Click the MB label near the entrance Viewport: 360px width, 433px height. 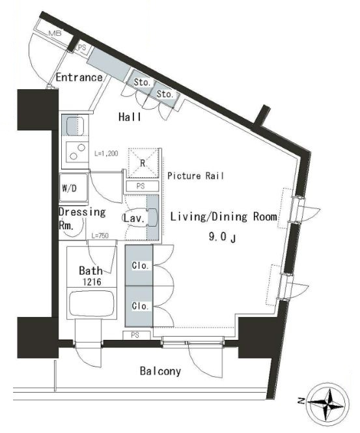(x=55, y=34)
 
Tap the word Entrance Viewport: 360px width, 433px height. (x=79, y=77)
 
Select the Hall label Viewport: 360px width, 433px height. (x=130, y=117)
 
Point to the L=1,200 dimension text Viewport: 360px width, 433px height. (x=106, y=154)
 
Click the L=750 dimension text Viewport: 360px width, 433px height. (x=100, y=236)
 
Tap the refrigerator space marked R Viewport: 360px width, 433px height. (x=143, y=163)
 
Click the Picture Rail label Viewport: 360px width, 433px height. (x=195, y=176)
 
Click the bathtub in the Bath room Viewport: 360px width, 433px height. (x=92, y=303)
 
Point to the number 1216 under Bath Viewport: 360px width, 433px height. (x=92, y=282)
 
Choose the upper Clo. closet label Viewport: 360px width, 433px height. (x=141, y=266)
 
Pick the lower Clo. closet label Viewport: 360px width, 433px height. (x=141, y=306)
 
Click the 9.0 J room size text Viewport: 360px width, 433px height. (x=222, y=237)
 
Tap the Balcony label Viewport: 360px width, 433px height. (x=160, y=371)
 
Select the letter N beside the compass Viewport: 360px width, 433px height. (x=302, y=401)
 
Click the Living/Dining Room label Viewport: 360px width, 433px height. (x=224, y=217)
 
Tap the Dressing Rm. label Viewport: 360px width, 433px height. (x=82, y=218)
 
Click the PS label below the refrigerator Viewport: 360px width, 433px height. (x=141, y=186)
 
